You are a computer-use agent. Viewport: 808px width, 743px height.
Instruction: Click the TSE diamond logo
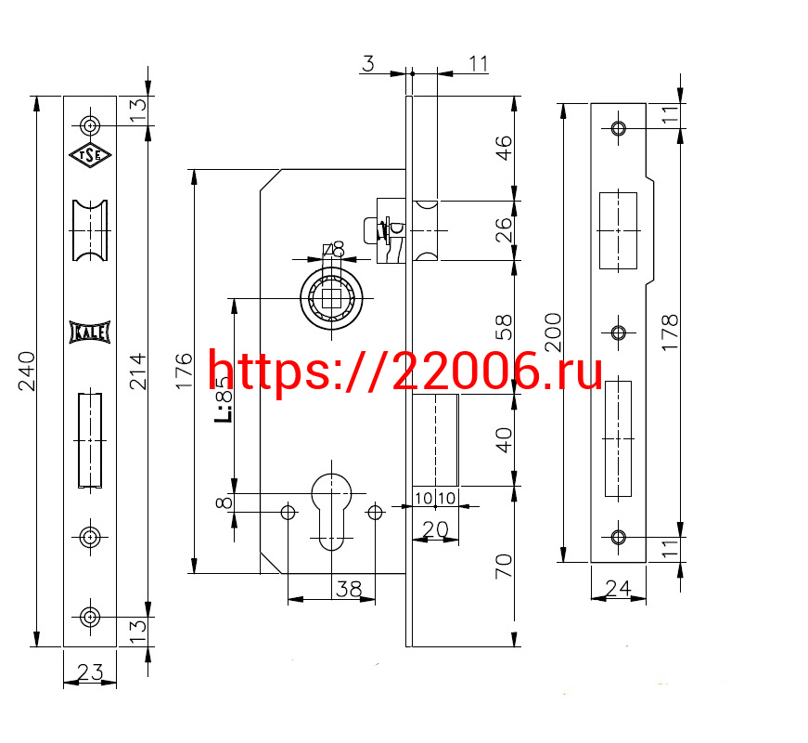[x=90, y=155]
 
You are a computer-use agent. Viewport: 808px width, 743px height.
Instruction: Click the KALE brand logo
[x=90, y=332]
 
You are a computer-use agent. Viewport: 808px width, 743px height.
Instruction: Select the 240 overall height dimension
[x=26, y=371]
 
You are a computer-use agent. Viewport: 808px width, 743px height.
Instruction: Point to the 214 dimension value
[x=137, y=371]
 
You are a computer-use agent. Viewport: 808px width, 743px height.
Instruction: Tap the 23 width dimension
[x=90, y=671]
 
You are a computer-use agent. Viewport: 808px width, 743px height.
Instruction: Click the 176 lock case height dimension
[x=184, y=371]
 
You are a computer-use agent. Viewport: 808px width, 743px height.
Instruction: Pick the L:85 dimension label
[x=224, y=399]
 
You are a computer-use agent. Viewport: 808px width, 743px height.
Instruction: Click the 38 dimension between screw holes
[x=349, y=589]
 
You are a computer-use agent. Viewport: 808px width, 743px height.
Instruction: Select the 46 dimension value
[x=504, y=148]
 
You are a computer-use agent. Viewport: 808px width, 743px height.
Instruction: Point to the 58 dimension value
[x=504, y=327]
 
